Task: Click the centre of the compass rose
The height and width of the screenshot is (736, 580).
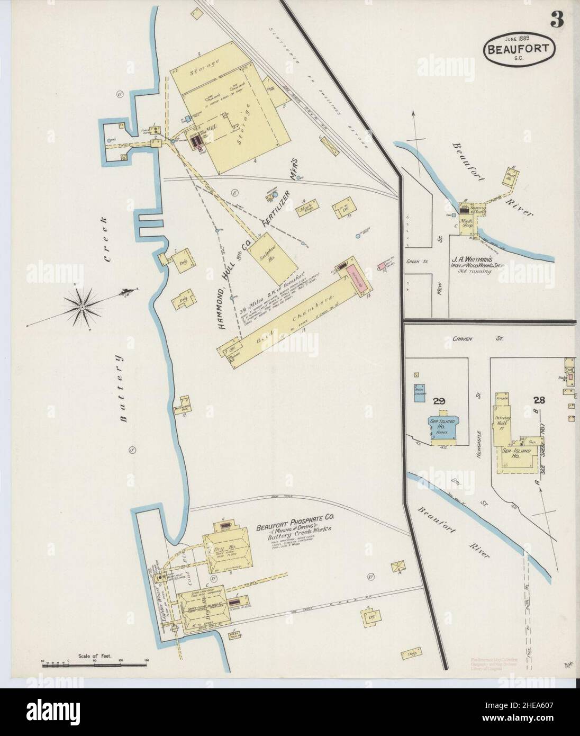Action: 83,305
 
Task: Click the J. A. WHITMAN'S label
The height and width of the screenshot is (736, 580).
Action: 473,260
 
